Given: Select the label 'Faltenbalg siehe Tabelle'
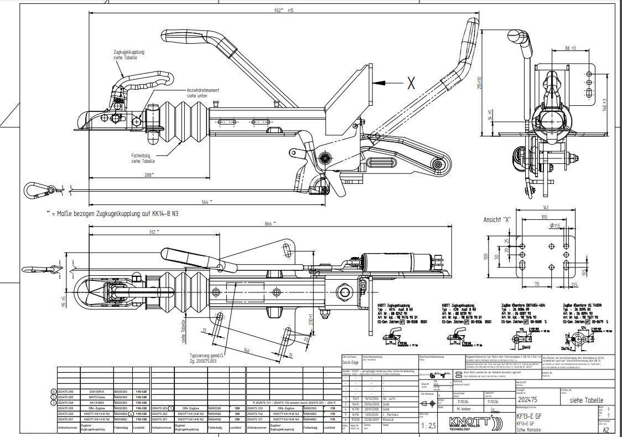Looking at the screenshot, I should click(x=143, y=158).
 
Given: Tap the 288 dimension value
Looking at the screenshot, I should click(x=149, y=174).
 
